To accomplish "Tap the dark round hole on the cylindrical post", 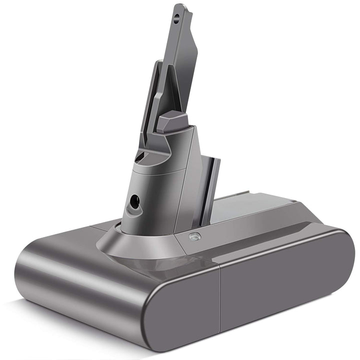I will click(134, 201).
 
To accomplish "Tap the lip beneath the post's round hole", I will click(132, 212).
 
